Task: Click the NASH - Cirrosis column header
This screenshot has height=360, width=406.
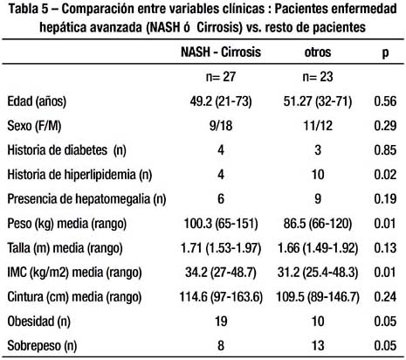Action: pos(221,52)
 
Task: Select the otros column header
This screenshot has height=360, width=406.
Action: pos(318,52)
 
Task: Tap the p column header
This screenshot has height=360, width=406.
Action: pos(385,53)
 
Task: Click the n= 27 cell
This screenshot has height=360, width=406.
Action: pos(221,77)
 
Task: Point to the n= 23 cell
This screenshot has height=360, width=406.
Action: pos(318,77)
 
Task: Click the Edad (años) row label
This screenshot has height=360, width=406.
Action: pos(37,101)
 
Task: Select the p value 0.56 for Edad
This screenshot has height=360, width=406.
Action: pos(385,101)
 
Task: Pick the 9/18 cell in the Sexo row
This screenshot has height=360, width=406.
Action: pos(221,126)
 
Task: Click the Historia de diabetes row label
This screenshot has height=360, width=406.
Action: pos(66,150)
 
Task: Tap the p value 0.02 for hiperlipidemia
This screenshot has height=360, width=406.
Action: pos(385,175)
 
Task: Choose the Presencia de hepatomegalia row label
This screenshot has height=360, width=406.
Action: pos(86,199)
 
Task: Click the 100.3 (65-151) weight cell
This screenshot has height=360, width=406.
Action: pos(221,224)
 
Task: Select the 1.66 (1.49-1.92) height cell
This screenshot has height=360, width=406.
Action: pos(318,248)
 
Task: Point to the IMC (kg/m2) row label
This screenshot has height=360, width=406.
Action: pos(74,273)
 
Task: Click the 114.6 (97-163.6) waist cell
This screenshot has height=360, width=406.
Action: pos(221,297)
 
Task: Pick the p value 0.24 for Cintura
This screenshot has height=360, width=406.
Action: pos(385,297)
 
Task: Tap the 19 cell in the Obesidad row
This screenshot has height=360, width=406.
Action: pos(221,322)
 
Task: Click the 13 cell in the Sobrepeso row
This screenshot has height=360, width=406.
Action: pos(318,346)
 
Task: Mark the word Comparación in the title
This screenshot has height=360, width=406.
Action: pos(97,10)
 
